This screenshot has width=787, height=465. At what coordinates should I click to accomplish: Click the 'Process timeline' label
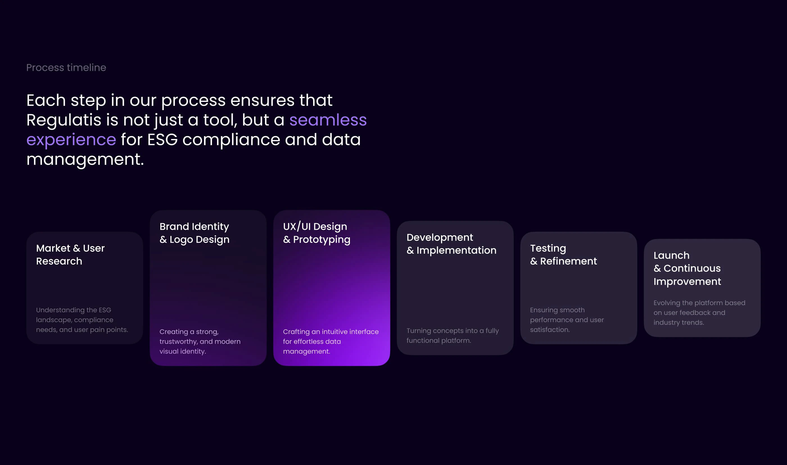pos(66,68)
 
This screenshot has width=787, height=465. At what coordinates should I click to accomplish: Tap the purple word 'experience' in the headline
pos(71,140)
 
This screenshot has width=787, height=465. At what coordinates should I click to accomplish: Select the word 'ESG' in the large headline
pos(162,140)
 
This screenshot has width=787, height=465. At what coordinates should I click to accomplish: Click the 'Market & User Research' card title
pos(70,254)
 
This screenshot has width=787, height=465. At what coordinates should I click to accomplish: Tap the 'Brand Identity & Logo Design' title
pos(195,233)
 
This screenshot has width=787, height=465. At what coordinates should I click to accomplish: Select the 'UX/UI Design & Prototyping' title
pos(317,233)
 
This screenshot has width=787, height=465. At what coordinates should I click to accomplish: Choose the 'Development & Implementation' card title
pos(451,244)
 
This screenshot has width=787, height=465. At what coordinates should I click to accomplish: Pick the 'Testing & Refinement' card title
pos(564,254)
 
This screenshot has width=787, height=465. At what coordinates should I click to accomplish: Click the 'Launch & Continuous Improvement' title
pos(687,268)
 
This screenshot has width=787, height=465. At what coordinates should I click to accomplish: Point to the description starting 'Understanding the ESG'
pos(82,320)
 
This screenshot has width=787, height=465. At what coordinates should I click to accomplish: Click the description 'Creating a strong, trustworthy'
pos(200,341)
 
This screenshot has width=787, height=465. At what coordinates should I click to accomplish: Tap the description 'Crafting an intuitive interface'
pos(331,341)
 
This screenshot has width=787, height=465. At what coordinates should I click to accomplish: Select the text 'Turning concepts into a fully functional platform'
pos(453,335)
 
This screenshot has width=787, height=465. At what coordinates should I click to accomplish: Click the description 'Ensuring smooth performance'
pos(567,320)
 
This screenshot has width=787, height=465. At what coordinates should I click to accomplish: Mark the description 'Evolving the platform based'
pos(700,313)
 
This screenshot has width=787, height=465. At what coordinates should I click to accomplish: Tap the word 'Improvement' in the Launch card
pos(687,282)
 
